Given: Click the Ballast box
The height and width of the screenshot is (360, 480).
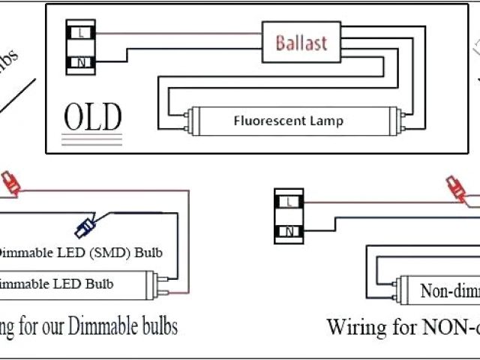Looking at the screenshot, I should click(x=301, y=42).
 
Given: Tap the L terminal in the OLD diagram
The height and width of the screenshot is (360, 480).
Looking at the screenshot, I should click(x=80, y=33).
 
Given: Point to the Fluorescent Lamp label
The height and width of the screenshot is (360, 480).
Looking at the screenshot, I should click(x=288, y=120).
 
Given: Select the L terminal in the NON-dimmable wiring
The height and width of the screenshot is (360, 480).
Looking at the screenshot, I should click(x=289, y=201).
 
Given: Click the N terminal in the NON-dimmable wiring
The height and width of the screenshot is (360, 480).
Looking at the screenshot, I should click(x=289, y=231).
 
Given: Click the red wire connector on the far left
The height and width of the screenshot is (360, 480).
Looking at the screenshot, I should click(x=10, y=182).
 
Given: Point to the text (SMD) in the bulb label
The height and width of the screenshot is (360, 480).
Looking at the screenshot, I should click(x=112, y=253).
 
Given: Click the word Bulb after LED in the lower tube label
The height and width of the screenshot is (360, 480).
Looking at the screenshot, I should click(x=100, y=284).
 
